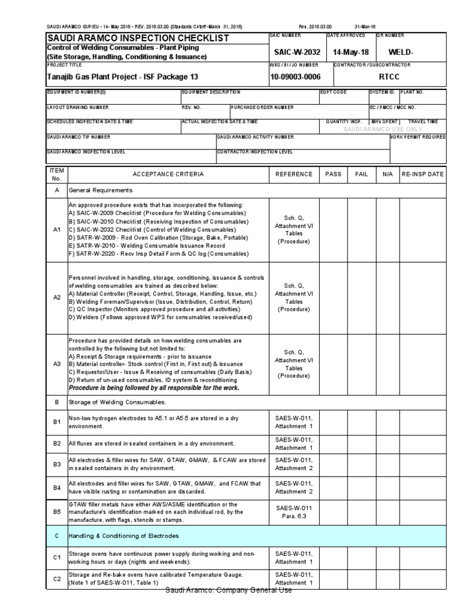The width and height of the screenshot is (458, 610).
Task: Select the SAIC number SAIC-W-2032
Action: (x=293, y=52)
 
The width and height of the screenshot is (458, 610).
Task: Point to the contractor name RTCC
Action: (x=390, y=77)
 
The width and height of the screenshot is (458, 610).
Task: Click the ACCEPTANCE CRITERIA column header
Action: (x=168, y=175)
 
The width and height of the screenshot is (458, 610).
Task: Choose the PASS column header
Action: (x=333, y=175)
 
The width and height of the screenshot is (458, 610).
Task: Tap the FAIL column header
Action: (x=361, y=175)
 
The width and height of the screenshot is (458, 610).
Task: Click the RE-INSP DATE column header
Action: (x=423, y=175)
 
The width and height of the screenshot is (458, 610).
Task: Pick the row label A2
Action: (x=57, y=297)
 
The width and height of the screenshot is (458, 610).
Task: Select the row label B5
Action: (x=57, y=512)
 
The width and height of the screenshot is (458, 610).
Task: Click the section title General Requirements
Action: (x=101, y=191)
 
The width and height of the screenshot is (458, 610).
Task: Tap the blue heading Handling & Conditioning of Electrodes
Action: (x=123, y=536)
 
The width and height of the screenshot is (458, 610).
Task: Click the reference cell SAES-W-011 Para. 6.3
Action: (x=293, y=512)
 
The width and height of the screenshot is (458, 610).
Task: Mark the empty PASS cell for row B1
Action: (x=333, y=422)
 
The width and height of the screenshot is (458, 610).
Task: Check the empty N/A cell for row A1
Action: (x=388, y=230)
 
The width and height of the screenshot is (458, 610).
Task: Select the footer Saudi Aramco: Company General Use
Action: (x=229, y=590)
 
